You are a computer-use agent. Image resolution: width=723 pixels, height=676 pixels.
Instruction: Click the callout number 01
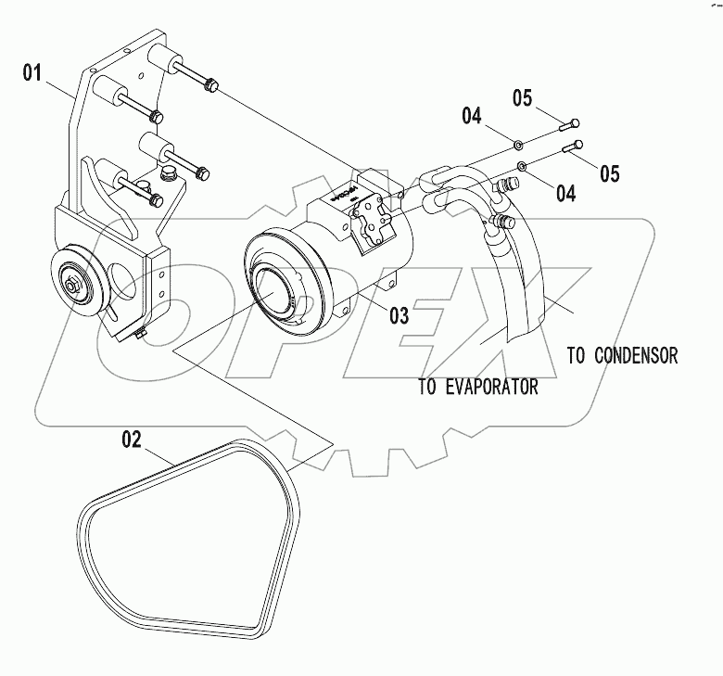tap(32, 70)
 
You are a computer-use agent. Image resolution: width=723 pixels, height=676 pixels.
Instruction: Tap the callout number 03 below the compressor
tap(399, 315)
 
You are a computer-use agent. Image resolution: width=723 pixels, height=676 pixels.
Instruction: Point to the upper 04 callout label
tap(473, 116)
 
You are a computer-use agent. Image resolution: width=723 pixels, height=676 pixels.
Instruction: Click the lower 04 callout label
tap(564, 193)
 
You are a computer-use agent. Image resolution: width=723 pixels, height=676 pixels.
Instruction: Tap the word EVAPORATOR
tap(491, 388)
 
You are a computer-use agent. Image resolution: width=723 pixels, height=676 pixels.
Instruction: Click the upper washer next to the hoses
tap(517, 145)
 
